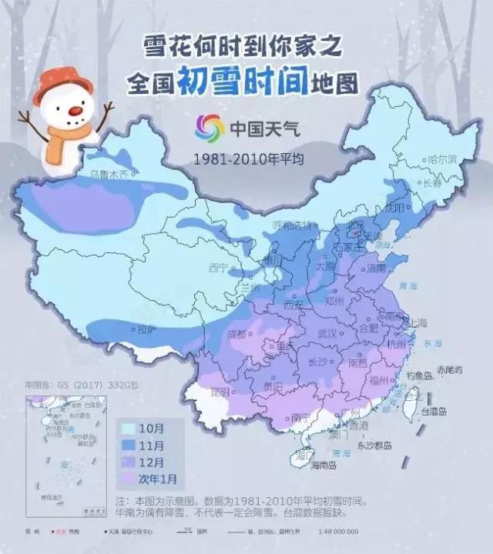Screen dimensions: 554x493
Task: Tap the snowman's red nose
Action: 75,111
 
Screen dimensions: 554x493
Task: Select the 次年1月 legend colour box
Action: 129,479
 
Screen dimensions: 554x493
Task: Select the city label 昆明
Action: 220,392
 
